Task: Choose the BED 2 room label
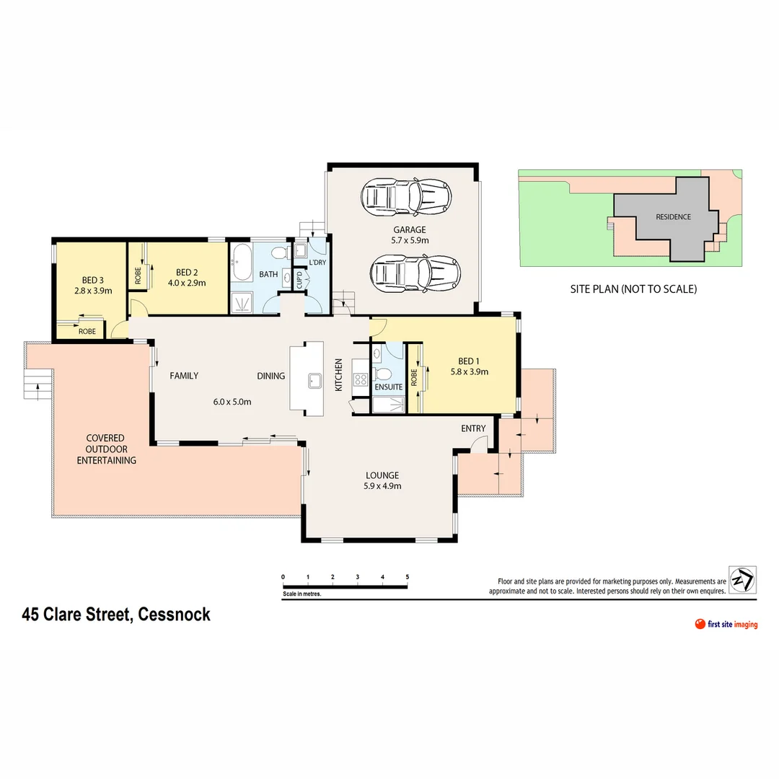pos(187,272)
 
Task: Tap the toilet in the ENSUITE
pos(384,373)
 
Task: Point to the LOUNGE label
pos(382,475)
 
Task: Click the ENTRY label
pos(473,428)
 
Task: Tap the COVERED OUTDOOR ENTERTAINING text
pos(106,449)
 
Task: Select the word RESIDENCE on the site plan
pos(672,216)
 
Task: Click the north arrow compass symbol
pos(742,580)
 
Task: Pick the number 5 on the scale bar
pos(408,577)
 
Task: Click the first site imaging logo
pos(726,624)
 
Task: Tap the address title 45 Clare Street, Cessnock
pos(116,615)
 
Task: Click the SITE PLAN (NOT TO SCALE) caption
pos(632,289)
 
